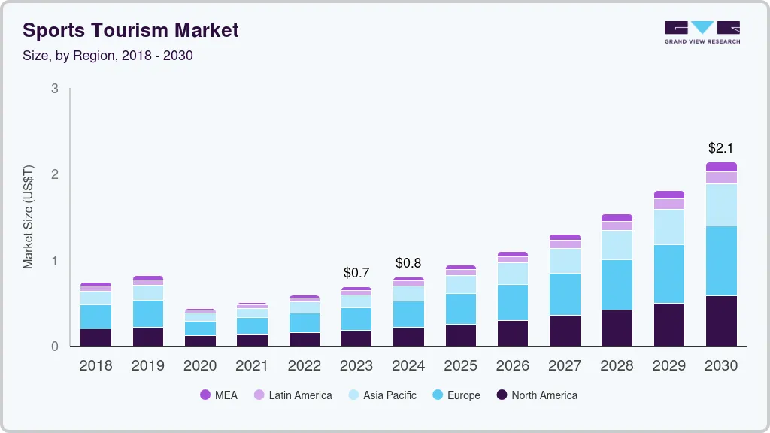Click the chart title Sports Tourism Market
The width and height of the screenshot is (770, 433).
(x=131, y=30)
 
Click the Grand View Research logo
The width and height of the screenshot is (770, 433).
(x=702, y=32)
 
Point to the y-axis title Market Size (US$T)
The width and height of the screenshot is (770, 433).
(x=29, y=217)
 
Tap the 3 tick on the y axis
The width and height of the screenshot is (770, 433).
(x=54, y=89)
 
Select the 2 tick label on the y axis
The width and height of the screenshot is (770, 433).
(x=54, y=174)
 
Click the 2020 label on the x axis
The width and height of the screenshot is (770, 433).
(x=200, y=365)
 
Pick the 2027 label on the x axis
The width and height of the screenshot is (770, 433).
(x=565, y=365)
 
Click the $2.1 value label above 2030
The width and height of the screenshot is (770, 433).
(x=721, y=148)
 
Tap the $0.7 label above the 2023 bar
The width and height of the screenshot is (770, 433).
(x=356, y=272)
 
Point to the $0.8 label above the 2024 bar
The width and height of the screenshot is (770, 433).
(x=408, y=263)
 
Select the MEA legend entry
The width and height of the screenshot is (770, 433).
(x=218, y=395)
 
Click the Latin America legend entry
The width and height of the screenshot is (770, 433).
(x=293, y=395)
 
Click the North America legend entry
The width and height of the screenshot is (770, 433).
(x=536, y=395)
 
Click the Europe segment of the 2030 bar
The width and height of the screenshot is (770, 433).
(x=721, y=261)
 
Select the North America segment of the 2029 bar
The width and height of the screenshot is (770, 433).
(x=669, y=325)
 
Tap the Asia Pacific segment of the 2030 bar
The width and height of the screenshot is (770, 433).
(x=721, y=204)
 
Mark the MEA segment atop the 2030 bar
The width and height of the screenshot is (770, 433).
(x=721, y=167)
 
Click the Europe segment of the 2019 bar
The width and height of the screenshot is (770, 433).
(x=148, y=313)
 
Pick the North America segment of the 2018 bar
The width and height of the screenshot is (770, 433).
(x=95, y=338)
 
